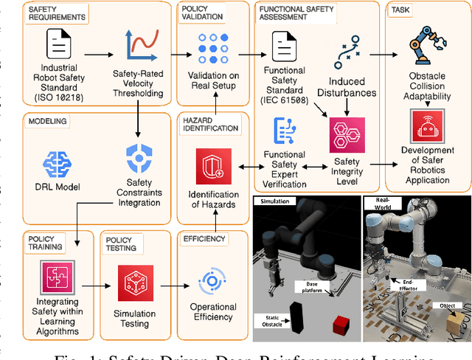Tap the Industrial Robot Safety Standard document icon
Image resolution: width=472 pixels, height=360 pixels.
[x=58, y=46]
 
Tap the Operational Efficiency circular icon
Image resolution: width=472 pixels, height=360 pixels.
[x=214, y=282]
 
